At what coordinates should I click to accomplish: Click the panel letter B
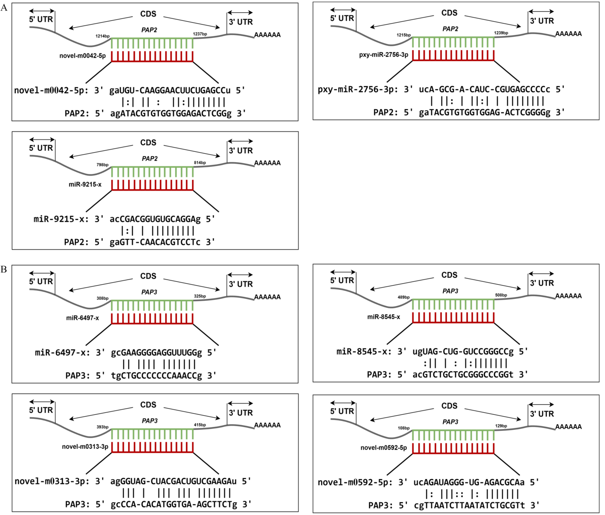4,269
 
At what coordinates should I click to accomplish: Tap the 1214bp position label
103,36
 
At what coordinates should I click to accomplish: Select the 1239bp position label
501,33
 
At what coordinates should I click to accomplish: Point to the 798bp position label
103,165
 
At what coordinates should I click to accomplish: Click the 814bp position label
200,163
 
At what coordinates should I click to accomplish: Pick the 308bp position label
103,298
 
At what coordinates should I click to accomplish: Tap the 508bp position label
501,295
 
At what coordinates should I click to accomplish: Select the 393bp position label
103,427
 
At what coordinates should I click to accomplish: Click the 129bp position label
501,426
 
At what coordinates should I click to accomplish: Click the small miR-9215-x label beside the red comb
85,184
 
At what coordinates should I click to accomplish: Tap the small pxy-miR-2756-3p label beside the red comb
384,55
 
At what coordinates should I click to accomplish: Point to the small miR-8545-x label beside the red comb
384,317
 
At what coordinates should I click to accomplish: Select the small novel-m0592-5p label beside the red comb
384,448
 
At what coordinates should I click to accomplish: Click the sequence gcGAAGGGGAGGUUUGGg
156,353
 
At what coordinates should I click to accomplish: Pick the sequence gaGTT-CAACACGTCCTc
155,243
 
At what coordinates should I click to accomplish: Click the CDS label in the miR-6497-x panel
149,276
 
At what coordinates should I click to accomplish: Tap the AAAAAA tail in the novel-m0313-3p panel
267,425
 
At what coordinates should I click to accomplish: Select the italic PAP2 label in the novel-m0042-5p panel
149,30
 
